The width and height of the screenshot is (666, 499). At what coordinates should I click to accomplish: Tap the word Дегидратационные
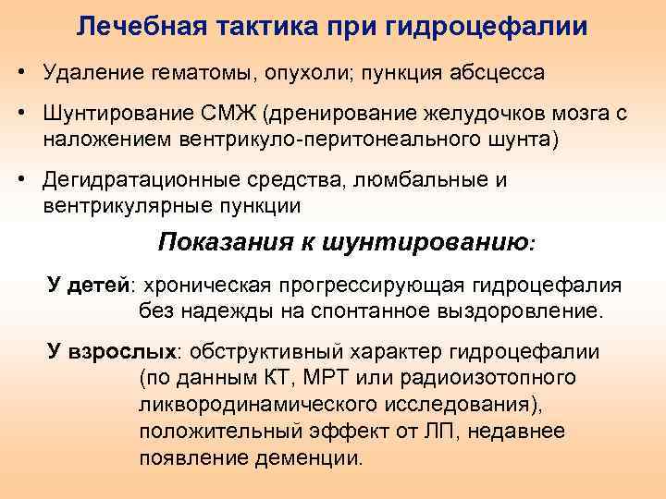[139, 179]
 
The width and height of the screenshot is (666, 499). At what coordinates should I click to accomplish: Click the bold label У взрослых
[112, 353]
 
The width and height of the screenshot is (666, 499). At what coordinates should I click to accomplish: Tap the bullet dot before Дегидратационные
[19, 179]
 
